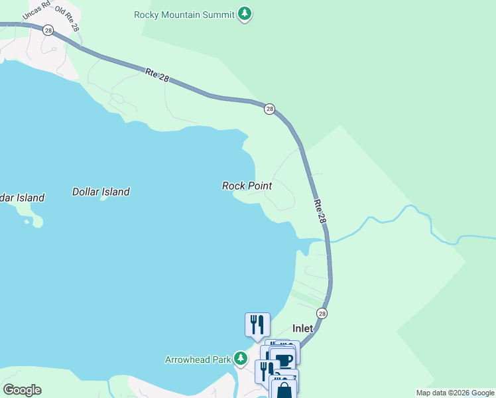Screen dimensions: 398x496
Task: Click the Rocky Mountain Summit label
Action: click(184, 14)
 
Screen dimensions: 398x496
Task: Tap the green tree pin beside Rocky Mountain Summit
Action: click(245, 13)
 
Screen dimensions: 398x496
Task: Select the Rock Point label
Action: click(247, 186)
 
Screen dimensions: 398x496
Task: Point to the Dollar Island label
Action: click(101, 192)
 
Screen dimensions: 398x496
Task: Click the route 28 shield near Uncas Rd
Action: click(48, 31)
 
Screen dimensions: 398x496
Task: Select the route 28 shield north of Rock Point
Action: click(269, 109)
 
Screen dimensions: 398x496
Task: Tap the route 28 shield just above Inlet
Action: click(322, 313)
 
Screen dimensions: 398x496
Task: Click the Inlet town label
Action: click(303, 328)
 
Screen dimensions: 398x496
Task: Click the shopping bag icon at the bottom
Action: click(284, 390)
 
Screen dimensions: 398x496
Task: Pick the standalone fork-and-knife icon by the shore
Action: click(257, 324)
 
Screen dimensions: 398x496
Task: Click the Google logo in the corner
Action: click(22, 390)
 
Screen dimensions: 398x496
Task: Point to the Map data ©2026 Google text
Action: click(455, 393)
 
